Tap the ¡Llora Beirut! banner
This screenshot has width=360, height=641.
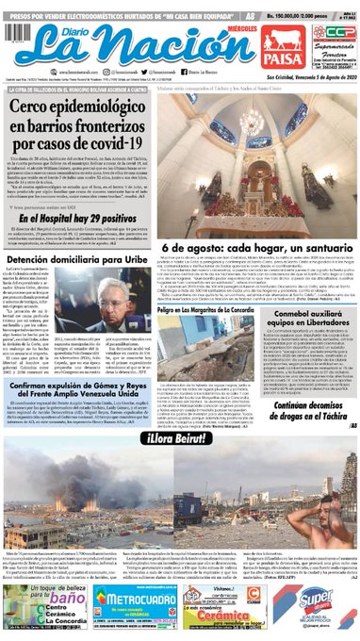179,439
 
